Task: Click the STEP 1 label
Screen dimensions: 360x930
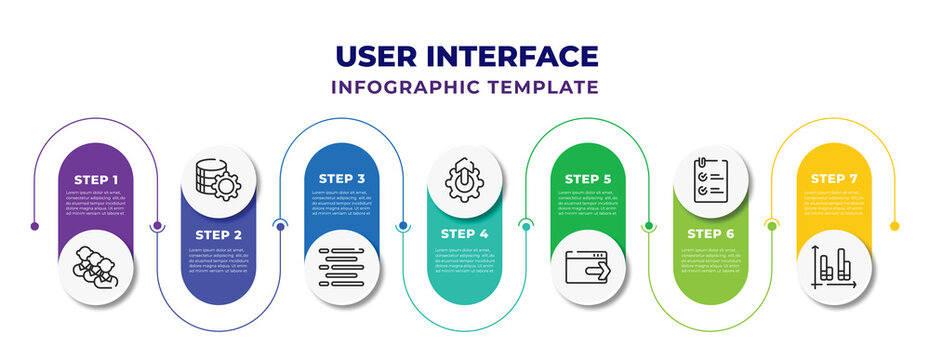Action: point(95,180)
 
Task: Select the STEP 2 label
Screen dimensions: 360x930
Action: point(218,234)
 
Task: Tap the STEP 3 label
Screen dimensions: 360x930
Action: point(342,180)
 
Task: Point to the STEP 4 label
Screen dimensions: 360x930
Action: point(465,234)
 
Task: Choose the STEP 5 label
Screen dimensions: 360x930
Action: point(588,180)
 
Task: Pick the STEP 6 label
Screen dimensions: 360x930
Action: point(711,234)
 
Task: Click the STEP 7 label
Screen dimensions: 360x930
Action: point(834,180)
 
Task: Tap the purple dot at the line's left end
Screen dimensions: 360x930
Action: point(35,226)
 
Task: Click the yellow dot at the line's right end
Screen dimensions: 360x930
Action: point(895,226)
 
